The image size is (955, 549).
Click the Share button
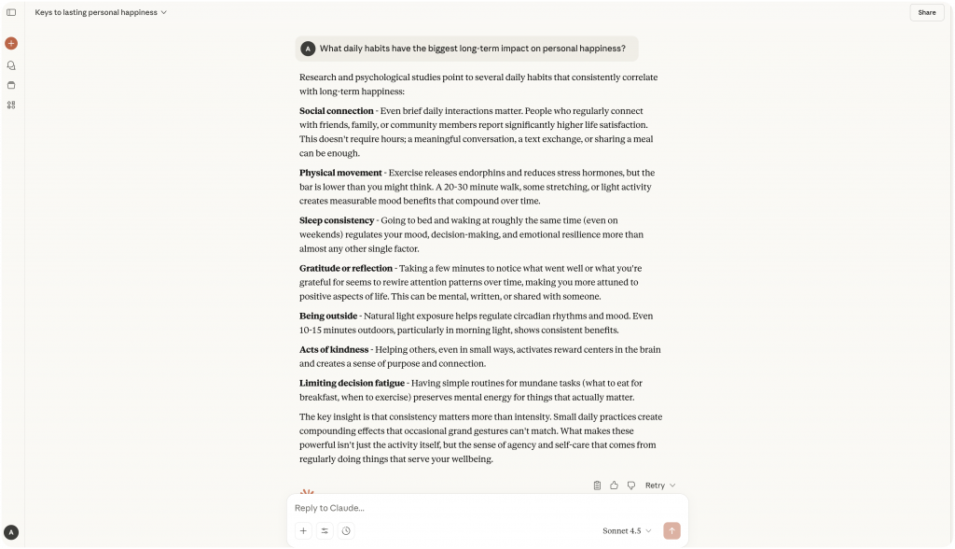[926, 12]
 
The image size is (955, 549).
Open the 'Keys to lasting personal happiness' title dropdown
[101, 12]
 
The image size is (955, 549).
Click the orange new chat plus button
[11, 43]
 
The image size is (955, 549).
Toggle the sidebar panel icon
[11, 12]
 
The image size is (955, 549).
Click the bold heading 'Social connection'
[337, 111]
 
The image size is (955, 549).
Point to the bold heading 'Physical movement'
[340, 173]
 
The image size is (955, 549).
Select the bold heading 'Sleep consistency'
[337, 220]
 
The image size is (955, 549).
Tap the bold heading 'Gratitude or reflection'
[346, 268]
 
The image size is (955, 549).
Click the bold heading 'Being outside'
[328, 316]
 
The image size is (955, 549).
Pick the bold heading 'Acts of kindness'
[334, 349]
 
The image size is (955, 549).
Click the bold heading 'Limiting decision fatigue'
[352, 383]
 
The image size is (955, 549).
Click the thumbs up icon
[614, 486]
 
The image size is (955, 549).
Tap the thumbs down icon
[631, 486]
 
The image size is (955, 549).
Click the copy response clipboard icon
[597, 486]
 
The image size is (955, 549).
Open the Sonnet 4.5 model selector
[627, 530]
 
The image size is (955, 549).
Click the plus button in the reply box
[303, 530]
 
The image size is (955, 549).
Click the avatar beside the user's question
[308, 49]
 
